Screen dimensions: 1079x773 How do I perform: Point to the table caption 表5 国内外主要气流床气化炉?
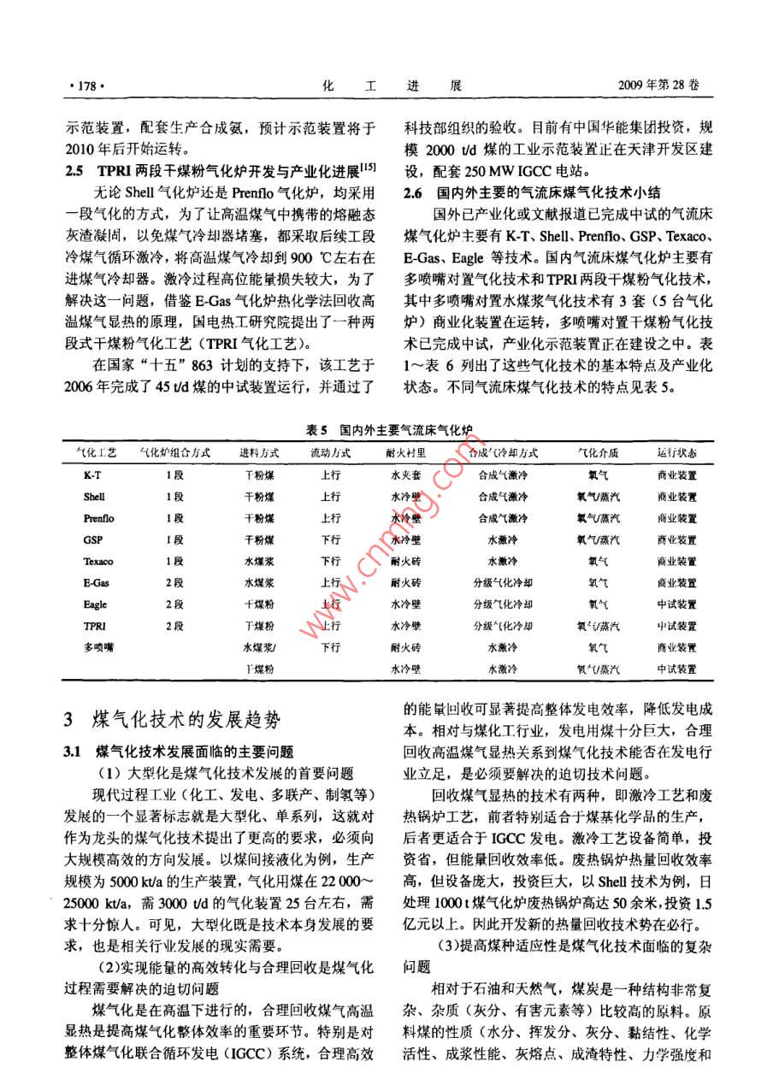coord(390,430)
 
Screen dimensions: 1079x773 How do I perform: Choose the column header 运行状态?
coord(676,453)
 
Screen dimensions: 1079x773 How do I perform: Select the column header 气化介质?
coord(598,453)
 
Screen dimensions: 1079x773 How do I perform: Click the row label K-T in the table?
coord(94,475)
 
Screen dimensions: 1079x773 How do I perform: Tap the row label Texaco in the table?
coord(98,562)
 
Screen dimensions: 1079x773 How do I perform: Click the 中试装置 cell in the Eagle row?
coord(676,604)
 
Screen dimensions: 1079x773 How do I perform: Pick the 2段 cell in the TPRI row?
coord(174,626)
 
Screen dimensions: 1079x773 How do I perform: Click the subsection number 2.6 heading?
coord(416,192)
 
